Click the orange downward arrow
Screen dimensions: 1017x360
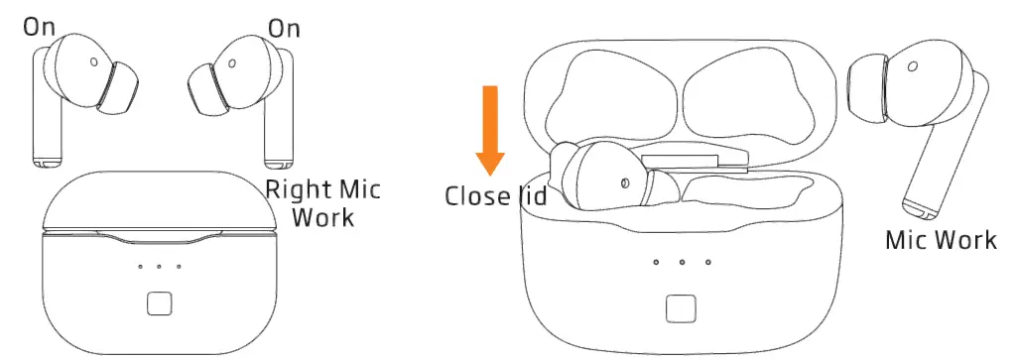pyautogui.click(x=489, y=129)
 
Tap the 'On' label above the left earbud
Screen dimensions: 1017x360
pyautogui.click(x=40, y=27)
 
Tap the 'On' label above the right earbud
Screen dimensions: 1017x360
pyautogui.click(x=284, y=28)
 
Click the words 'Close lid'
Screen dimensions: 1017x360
pyautogui.click(x=494, y=195)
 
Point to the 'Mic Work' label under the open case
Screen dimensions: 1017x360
pyautogui.click(x=940, y=240)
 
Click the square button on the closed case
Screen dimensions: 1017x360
pyautogui.click(x=159, y=303)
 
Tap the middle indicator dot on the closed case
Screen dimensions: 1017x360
pyautogui.click(x=159, y=266)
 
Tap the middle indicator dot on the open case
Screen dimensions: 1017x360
pyautogui.click(x=683, y=262)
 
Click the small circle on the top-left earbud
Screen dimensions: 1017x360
pyautogui.click(x=92, y=60)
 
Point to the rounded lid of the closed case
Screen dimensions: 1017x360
pyautogui.click(x=158, y=204)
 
